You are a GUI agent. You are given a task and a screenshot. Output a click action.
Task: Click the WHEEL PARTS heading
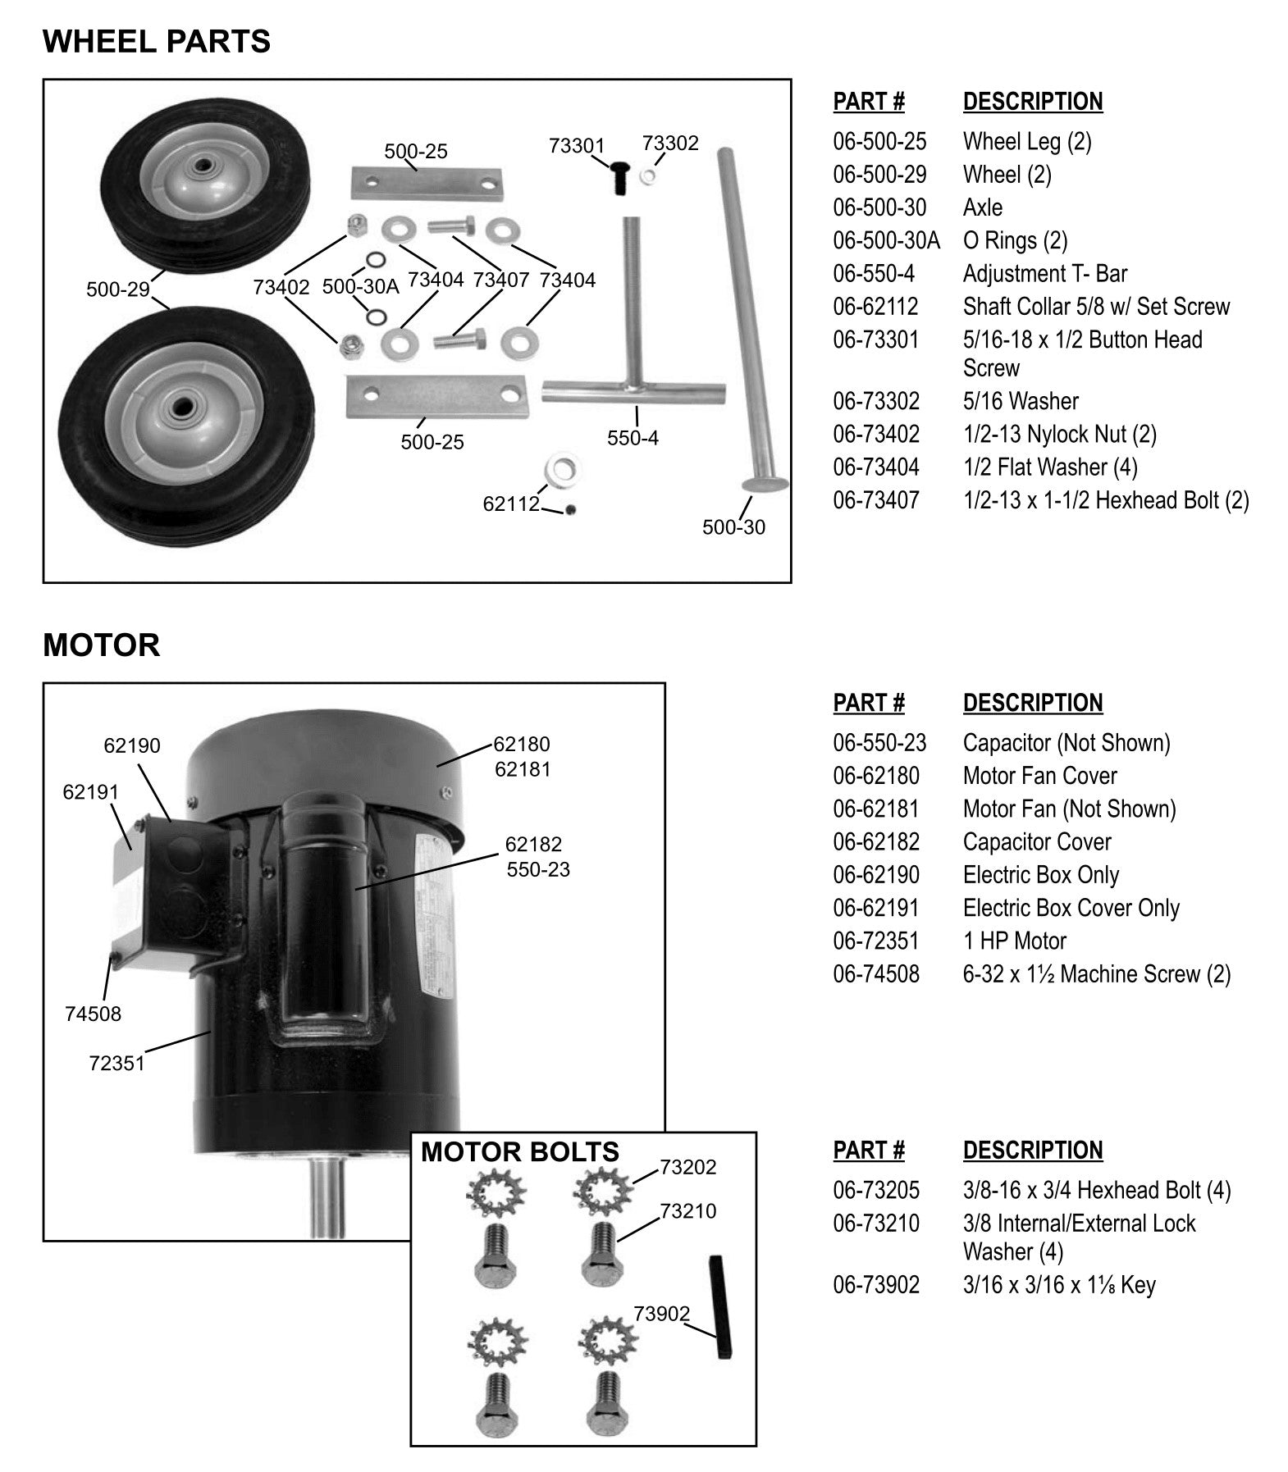(156, 41)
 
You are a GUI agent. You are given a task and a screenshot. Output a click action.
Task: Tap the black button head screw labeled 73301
(619, 178)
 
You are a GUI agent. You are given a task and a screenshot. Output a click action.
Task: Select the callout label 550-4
(633, 438)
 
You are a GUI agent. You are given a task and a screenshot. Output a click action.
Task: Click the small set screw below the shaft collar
(571, 510)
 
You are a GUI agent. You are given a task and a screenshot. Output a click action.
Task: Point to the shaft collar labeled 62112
(563, 469)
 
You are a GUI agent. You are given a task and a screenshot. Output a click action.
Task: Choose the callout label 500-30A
(360, 286)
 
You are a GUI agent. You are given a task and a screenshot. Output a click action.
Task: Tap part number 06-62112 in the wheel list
(875, 307)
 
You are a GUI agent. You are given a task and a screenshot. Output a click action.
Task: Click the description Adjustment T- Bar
(1044, 274)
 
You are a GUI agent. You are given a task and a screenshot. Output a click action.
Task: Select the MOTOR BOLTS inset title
(519, 1152)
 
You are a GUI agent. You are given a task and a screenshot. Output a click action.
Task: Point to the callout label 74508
(93, 1014)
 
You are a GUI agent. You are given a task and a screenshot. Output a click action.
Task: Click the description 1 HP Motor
(1014, 941)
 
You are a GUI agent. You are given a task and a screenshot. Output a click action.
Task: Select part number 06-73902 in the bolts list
(875, 1285)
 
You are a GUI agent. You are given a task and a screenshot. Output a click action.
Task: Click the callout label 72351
(116, 1064)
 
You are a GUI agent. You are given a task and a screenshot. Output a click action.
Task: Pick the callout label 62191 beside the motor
(90, 792)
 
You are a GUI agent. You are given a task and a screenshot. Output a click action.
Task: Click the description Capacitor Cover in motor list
(1036, 842)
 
